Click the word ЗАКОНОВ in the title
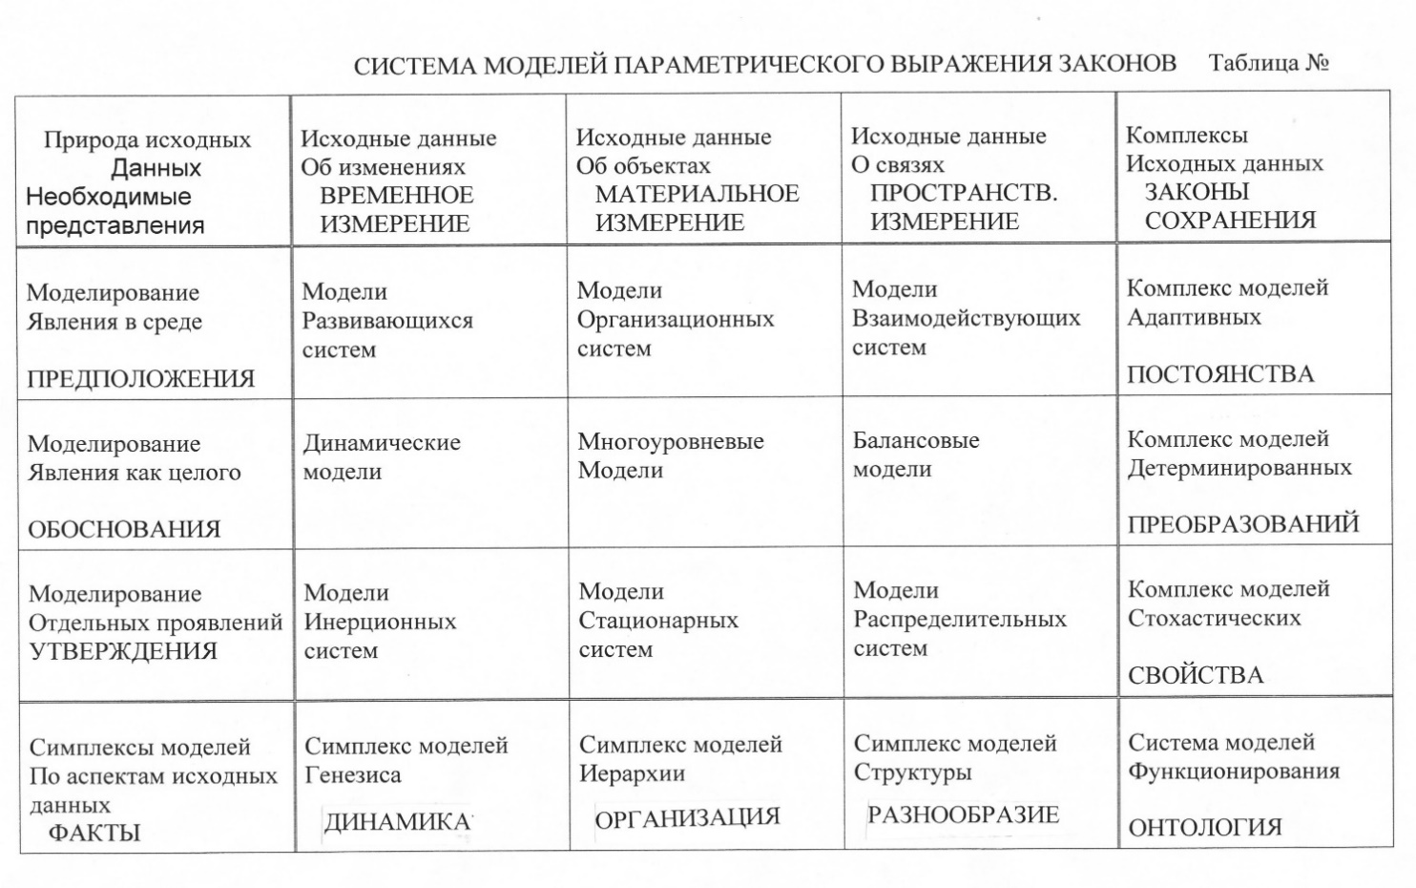(x=1116, y=64)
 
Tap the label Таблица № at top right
(x=1268, y=63)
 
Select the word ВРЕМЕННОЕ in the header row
(x=396, y=196)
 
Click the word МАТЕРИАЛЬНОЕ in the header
(x=697, y=194)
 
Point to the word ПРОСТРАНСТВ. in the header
(x=963, y=193)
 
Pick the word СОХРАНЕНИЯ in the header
(x=1230, y=221)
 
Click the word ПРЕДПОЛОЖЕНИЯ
(x=140, y=379)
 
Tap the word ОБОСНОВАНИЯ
(x=124, y=530)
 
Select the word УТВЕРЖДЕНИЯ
(x=123, y=652)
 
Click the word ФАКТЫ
(x=94, y=833)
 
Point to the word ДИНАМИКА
(x=398, y=822)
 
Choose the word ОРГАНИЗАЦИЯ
(x=687, y=818)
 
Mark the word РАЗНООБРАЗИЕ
(x=963, y=815)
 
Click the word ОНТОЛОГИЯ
(x=1204, y=828)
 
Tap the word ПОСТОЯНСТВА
(x=1219, y=374)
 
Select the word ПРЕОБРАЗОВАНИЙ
(x=1242, y=525)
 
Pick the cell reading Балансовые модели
(x=915, y=455)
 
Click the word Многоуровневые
(x=670, y=442)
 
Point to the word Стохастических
(x=1214, y=619)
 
